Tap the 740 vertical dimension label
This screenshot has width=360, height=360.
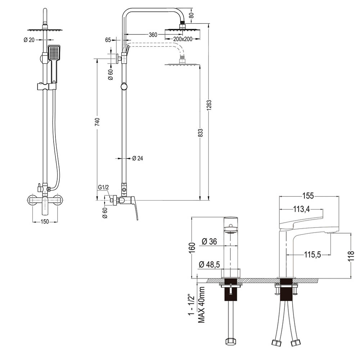click(x=97, y=121)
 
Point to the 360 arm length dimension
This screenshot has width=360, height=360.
click(x=153, y=35)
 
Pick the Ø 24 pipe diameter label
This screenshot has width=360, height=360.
click(x=138, y=158)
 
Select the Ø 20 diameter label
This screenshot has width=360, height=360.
click(x=29, y=40)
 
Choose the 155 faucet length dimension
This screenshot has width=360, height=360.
click(x=309, y=196)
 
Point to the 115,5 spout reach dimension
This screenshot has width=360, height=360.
click(x=312, y=255)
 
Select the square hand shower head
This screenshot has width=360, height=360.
click(x=54, y=53)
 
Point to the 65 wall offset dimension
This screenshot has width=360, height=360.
click(x=108, y=40)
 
